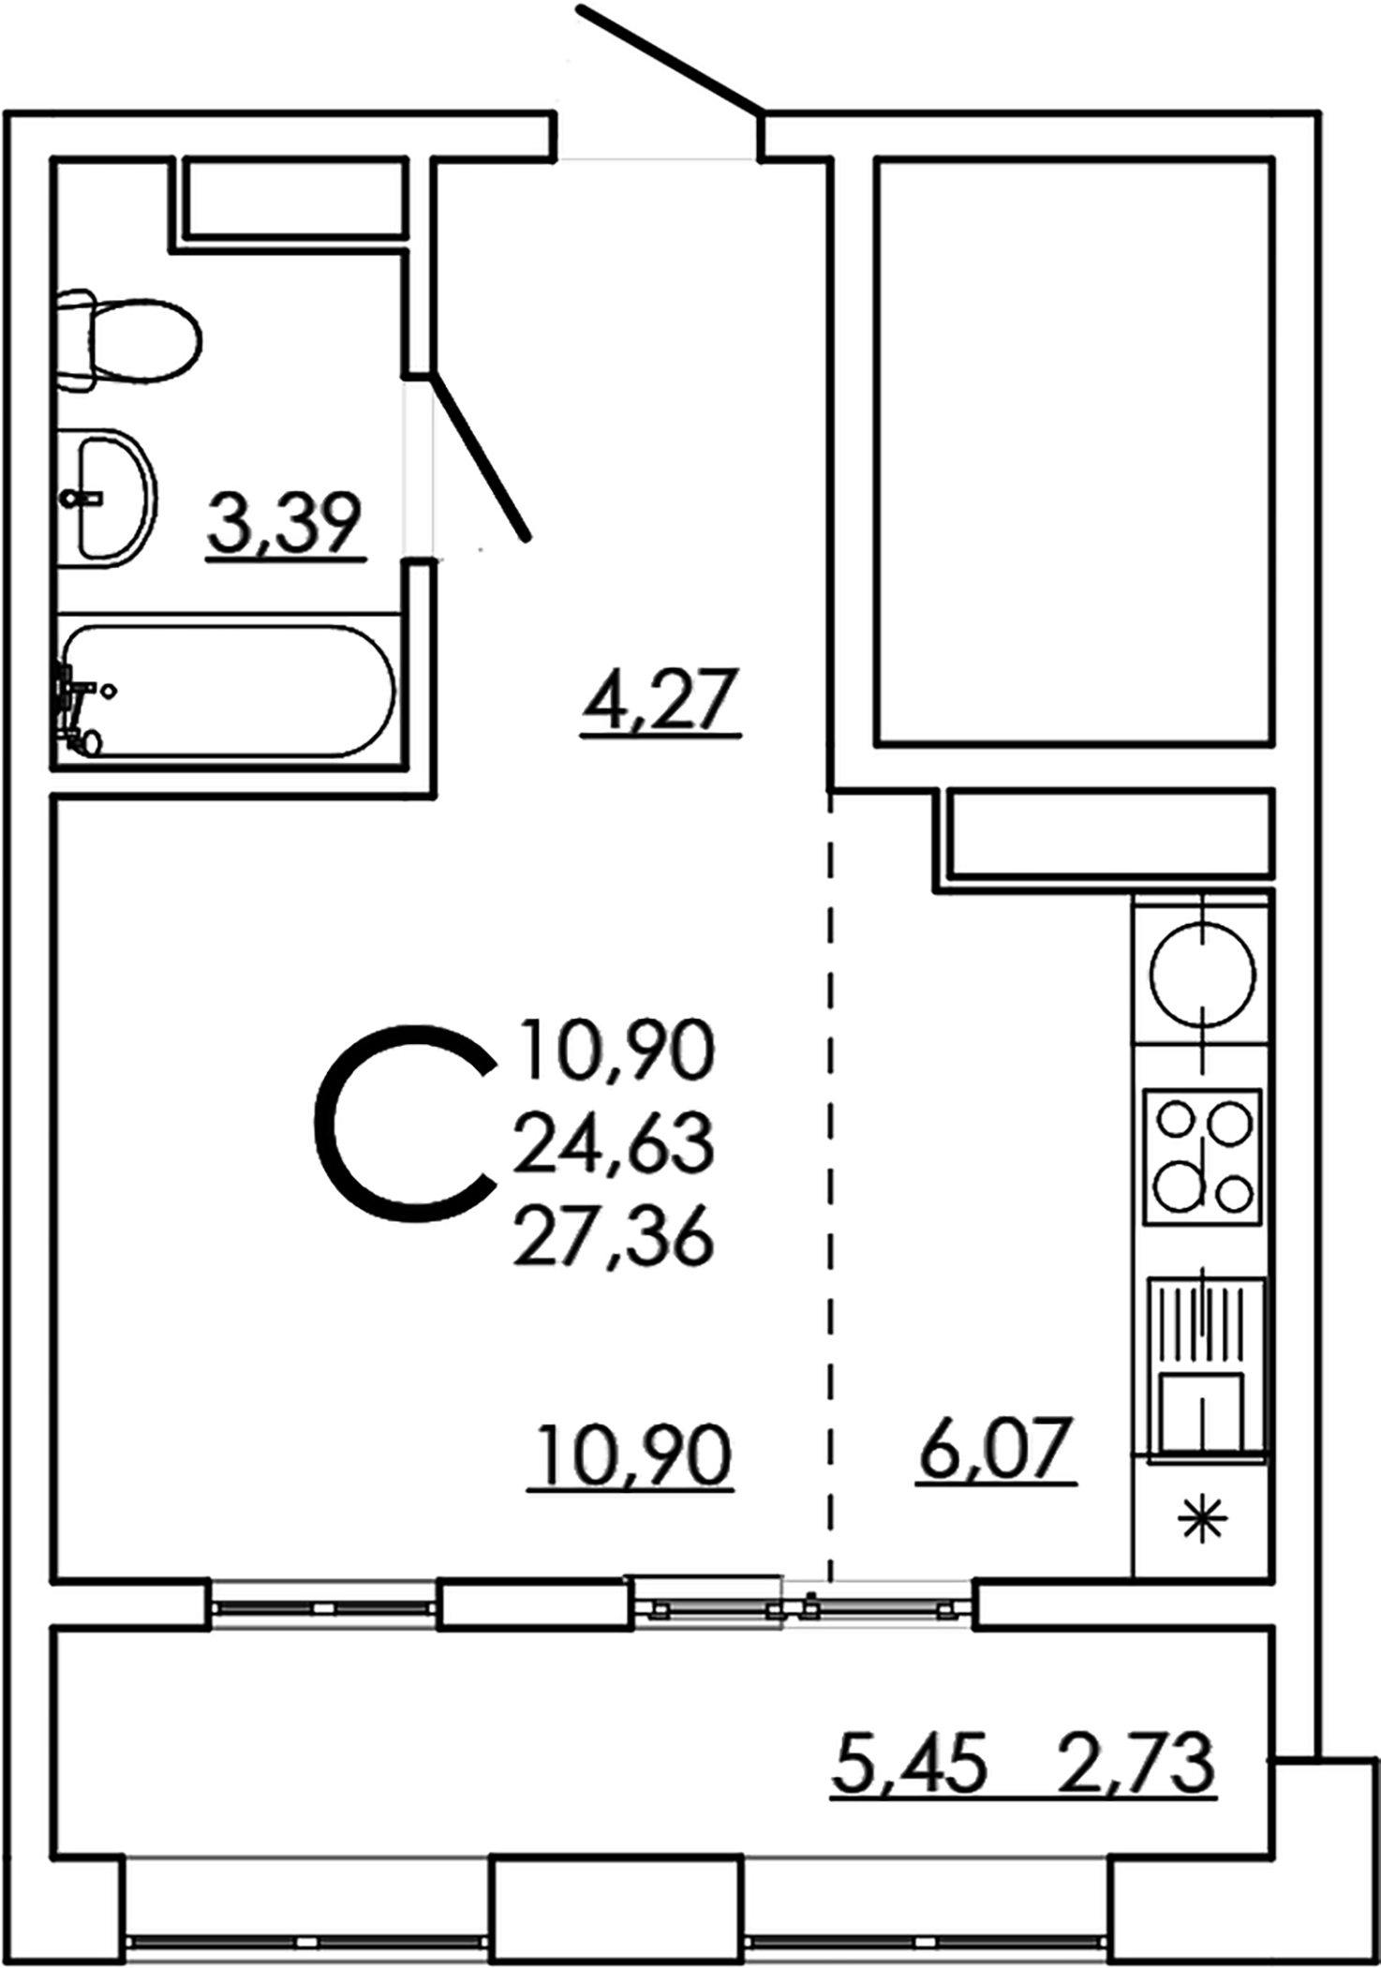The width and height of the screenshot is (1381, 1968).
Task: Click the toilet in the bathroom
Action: pos(131,341)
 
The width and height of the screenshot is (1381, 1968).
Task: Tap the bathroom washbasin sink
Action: pos(111,498)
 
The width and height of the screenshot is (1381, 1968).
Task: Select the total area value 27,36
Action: pos(615,1237)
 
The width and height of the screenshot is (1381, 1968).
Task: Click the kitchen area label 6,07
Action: pos(995,1448)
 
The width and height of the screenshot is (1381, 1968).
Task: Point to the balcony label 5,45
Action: pos(909,1763)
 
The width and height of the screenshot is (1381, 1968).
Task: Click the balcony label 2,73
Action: pos(1136,1763)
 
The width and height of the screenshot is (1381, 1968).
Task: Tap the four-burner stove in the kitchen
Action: pos(1203,1155)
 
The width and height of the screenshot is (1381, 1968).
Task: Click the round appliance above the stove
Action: pos(1203,975)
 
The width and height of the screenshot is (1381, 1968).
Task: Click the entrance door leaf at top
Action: pos(671,56)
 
